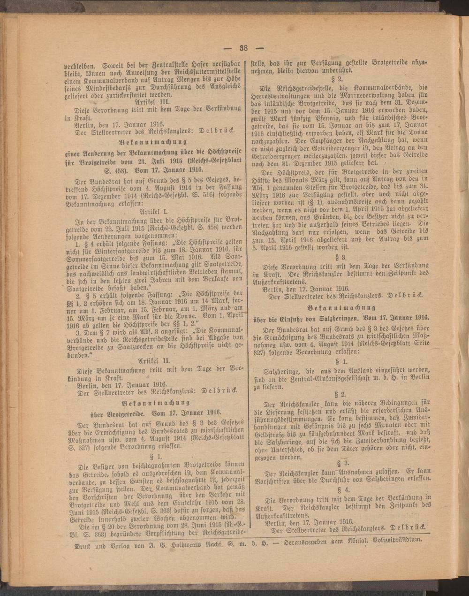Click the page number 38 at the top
(x=243, y=47)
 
